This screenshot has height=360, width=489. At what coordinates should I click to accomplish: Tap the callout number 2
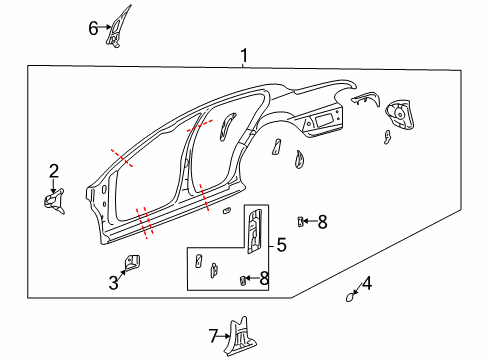[x=54, y=171]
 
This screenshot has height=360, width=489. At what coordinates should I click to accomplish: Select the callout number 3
[x=114, y=283]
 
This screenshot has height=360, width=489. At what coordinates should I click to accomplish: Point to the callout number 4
[x=367, y=283]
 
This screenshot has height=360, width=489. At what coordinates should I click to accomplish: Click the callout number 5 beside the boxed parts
[x=281, y=245]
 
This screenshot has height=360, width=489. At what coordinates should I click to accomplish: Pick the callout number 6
[x=93, y=28]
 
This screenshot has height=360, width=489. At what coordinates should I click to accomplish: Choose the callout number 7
[x=212, y=336]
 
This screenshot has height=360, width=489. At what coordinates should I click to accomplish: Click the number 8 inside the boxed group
[x=263, y=278]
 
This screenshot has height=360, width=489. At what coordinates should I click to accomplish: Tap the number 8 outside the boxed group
[x=322, y=222]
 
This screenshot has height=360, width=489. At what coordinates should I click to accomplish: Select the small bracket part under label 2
[x=51, y=199]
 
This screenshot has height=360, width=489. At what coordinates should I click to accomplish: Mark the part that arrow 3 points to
[x=131, y=263]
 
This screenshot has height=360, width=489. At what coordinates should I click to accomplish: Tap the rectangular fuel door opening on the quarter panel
[x=327, y=123]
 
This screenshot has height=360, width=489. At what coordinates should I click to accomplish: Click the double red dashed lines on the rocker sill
[x=146, y=222]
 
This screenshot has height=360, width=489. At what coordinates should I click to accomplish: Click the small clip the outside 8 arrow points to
[x=301, y=221]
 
